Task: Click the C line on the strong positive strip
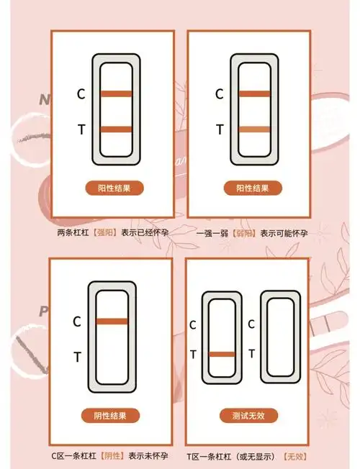pos(116,94)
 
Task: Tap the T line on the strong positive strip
pos(116,129)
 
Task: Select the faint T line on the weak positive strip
pos(255,129)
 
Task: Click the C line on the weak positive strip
pos(255,94)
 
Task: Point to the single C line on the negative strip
pos(112,322)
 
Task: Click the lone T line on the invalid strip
pos(222,355)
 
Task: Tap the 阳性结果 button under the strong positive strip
pos(114,188)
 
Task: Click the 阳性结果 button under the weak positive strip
pos(253,188)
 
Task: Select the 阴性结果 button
pos(110,416)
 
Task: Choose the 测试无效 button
pos(248,416)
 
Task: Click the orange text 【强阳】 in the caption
pos(105,232)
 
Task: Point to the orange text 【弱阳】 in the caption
pos(244,233)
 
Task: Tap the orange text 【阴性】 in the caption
pos(112,456)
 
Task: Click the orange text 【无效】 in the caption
pos(295,457)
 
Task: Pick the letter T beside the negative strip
pos(77,357)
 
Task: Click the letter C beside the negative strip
pos(77,322)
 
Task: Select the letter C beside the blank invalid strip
pos(251,324)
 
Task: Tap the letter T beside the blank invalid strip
pos(251,353)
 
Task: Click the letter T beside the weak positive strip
pos(220,129)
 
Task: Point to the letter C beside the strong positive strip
pos(81,94)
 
